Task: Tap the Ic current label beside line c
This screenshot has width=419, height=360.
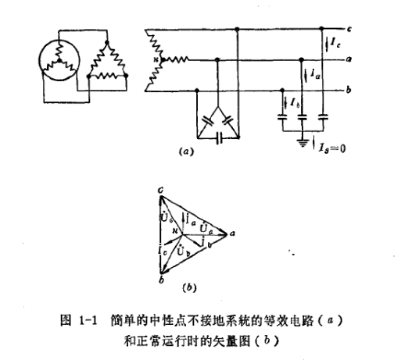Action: pyautogui.click(x=333, y=40)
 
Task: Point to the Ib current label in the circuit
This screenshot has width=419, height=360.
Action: pyautogui.click(x=292, y=102)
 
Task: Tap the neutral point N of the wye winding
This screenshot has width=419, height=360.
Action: pyautogui.click(x=157, y=59)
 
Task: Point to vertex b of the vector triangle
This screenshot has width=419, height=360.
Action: pyautogui.click(x=160, y=277)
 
